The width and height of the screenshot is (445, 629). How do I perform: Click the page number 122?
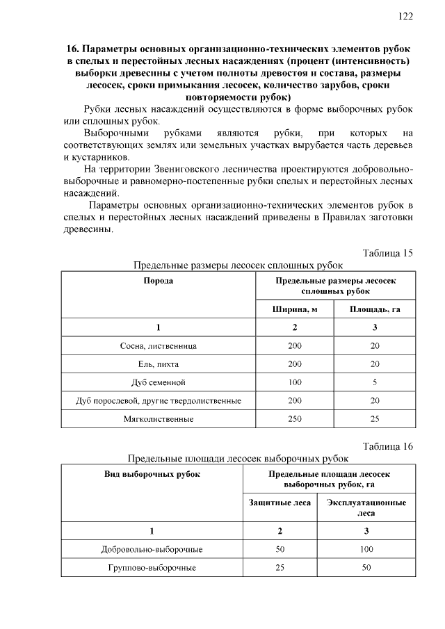click(406, 16)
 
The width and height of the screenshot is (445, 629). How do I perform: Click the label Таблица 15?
click(388, 252)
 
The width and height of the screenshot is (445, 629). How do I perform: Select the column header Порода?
click(159, 280)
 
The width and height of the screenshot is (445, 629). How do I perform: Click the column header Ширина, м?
click(295, 309)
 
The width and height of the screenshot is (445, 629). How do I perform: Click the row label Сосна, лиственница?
click(159, 345)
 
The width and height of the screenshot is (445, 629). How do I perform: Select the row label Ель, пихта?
click(159, 363)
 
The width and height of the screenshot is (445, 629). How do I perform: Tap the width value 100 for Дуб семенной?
click(295, 382)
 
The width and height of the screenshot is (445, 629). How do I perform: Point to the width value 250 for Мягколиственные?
click(295, 419)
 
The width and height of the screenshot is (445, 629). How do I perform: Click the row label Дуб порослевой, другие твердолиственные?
click(159, 401)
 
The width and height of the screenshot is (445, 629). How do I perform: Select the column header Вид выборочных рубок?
click(152, 474)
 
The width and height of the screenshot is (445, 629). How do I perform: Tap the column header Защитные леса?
click(280, 503)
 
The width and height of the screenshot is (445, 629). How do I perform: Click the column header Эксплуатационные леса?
click(366, 508)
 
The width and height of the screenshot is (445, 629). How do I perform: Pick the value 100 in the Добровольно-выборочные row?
click(366, 550)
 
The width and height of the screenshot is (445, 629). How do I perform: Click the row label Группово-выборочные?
click(152, 568)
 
